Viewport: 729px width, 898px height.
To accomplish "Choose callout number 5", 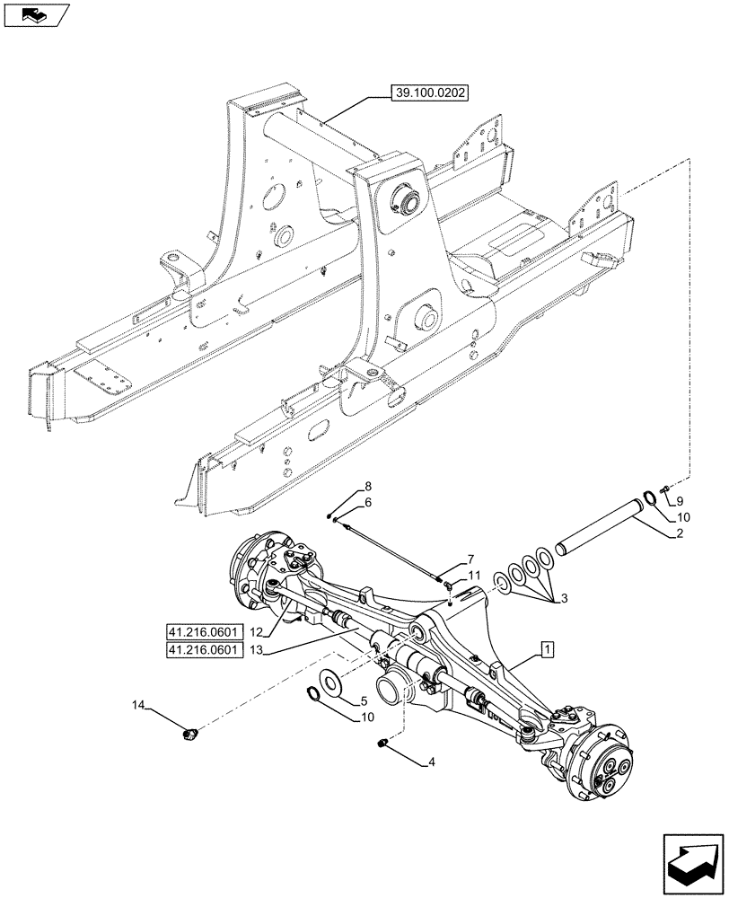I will [x=364, y=701].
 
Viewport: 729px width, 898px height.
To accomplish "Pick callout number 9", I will [x=680, y=500].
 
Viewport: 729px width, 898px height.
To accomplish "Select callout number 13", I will [x=256, y=651].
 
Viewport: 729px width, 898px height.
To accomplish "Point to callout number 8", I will [x=367, y=488].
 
